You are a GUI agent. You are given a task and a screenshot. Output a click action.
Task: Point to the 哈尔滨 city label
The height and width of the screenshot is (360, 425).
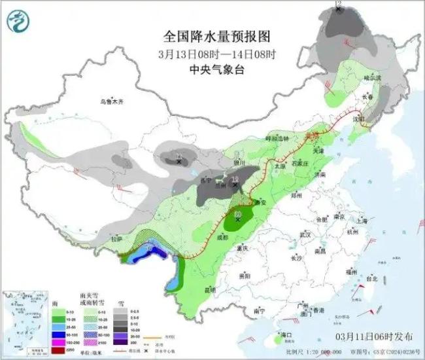[372, 78]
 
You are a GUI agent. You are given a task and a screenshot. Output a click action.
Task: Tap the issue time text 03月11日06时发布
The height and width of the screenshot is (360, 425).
[373, 336]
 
